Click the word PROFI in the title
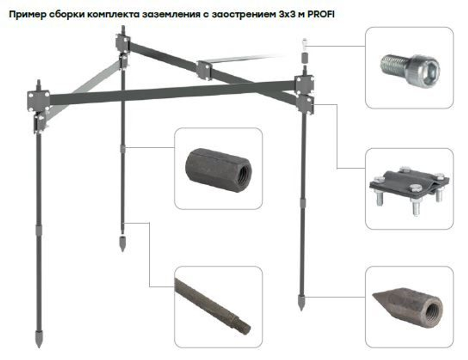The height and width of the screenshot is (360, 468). pyautogui.click(x=321, y=14)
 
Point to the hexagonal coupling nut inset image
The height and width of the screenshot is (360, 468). pyautogui.click(x=218, y=170)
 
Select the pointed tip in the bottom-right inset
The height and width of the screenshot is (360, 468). pyautogui.click(x=408, y=307)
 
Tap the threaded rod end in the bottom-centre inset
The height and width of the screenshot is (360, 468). pyautogui.click(x=212, y=306)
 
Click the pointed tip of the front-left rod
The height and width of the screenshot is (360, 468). pyautogui.click(x=39, y=339)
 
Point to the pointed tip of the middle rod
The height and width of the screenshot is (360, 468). pyautogui.click(x=123, y=244)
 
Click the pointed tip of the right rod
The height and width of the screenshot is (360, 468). pyautogui.click(x=301, y=303)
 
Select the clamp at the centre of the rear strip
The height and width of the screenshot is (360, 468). pyautogui.click(x=204, y=71)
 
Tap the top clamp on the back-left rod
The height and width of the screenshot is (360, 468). pyautogui.click(x=123, y=43)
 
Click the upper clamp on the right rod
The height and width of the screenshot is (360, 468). pyautogui.click(x=304, y=84)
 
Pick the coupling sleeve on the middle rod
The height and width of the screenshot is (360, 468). pyautogui.click(x=123, y=148)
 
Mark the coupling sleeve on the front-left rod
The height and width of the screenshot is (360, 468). pyautogui.click(x=39, y=230)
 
